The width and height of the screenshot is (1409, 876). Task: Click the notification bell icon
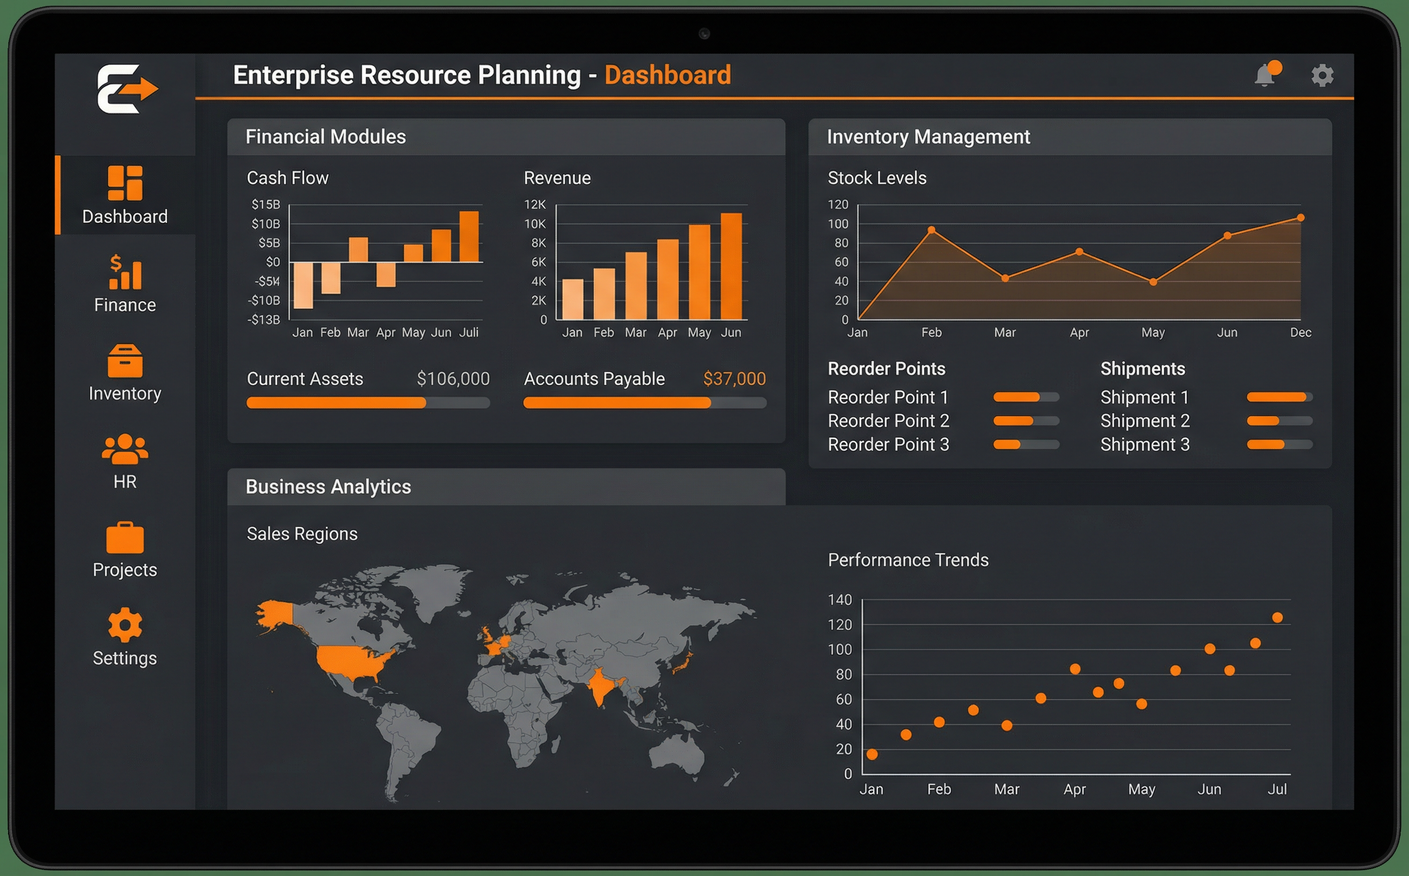pos(1265,76)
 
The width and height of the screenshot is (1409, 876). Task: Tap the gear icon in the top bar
pos(1322,75)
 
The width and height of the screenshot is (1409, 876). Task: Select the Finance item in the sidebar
pos(125,284)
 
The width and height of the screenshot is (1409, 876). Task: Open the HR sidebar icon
pos(125,461)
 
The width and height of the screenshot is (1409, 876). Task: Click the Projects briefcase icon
pos(125,538)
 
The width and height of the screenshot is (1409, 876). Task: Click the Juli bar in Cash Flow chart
pos(469,236)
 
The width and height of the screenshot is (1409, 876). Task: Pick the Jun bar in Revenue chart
pos(731,267)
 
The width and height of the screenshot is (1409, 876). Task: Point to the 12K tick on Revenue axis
pos(534,205)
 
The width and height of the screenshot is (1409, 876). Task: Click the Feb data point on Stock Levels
pos(932,230)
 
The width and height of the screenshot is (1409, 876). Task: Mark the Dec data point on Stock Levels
pos(1301,218)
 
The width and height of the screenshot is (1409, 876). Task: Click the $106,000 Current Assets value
pos(453,379)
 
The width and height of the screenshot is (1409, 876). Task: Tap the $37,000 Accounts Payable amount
pos(735,379)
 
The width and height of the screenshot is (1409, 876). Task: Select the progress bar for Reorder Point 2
pos(1026,421)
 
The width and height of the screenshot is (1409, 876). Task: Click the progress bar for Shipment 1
pos(1279,397)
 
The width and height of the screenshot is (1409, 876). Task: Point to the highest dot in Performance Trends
pos(1277,618)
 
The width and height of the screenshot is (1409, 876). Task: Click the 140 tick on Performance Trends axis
pos(840,600)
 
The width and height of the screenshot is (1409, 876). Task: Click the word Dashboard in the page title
pos(667,75)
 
